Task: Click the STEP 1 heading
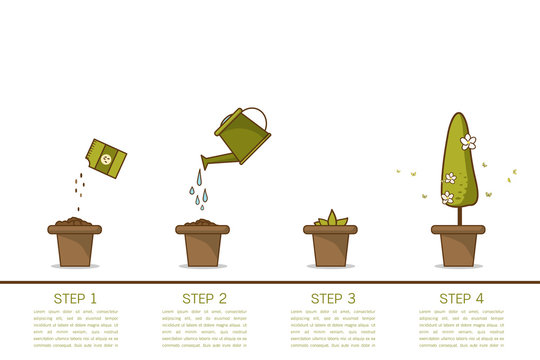click(x=75, y=298)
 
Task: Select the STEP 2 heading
click(x=204, y=298)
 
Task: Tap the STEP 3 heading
click(x=332, y=298)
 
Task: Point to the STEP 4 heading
click(x=460, y=298)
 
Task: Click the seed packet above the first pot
click(x=105, y=158)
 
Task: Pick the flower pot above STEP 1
click(x=75, y=245)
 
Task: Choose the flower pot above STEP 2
click(x=203, y=245)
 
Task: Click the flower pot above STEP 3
click(x=331, y=245)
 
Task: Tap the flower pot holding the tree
click(x=458, y=245)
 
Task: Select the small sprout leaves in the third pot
click(x=331, y=218)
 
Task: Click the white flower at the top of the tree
click(x=468, y=142)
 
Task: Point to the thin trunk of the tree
click(x=459, y=214)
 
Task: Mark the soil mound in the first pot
click(x=74, y=220)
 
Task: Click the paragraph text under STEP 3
click(x=331, y=328)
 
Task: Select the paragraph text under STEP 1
click(x=75, y=328)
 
